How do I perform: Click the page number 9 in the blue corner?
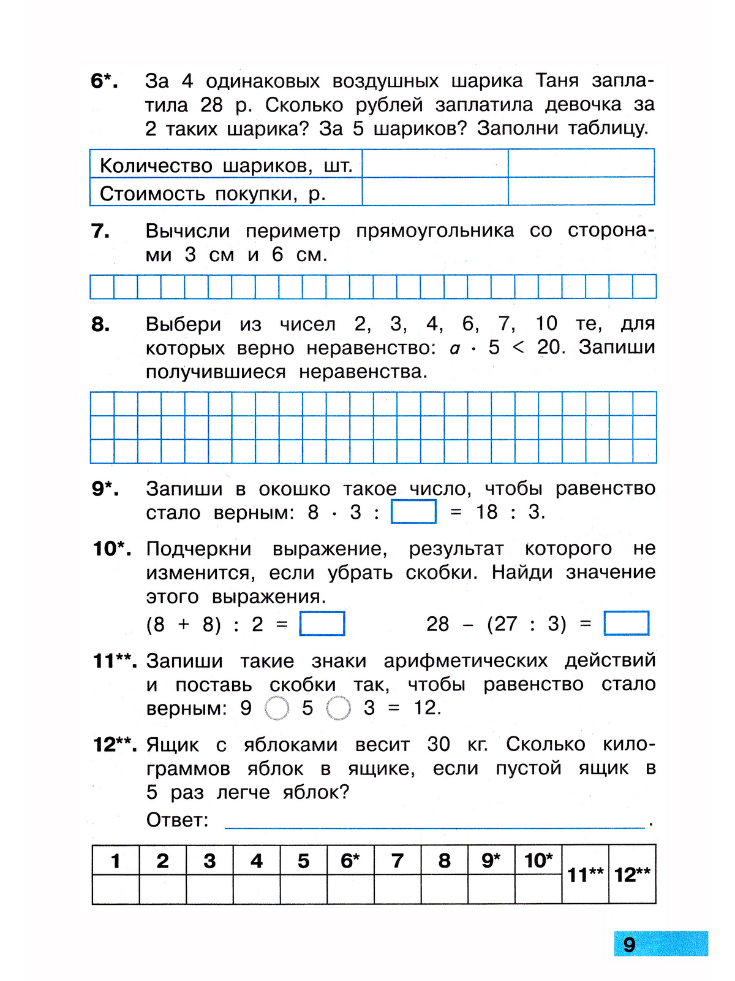[629, 944]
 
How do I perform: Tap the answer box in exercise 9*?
[413, 512]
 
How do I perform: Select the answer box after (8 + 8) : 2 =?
[322, 624]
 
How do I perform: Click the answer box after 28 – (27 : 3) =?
[626, 624]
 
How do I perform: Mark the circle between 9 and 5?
[277, 709]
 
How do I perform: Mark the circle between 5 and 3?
[338, 709]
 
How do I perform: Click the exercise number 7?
[100, 231]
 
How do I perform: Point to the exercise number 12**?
[115, 745]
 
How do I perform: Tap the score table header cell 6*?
[350, 861]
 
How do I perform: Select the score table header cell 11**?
[585, 874]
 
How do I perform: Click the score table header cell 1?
[115, 861]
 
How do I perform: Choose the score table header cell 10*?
[538, 861]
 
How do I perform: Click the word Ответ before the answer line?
[177, 820]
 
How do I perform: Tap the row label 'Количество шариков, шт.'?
[225, 166]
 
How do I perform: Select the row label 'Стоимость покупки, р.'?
[213, 194]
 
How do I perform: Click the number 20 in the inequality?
[549, 348]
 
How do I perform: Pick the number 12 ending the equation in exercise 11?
[425, 708]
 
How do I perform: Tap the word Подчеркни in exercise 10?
[198, 549]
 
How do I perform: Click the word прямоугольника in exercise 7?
[435, 231]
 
